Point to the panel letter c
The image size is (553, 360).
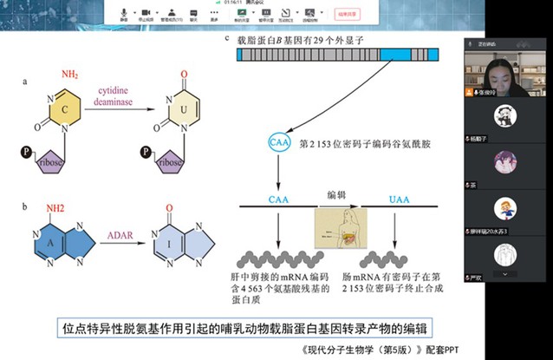[226, 37]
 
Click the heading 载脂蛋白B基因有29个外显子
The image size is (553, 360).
[297, 39]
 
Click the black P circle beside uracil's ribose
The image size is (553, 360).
[148, 154]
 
